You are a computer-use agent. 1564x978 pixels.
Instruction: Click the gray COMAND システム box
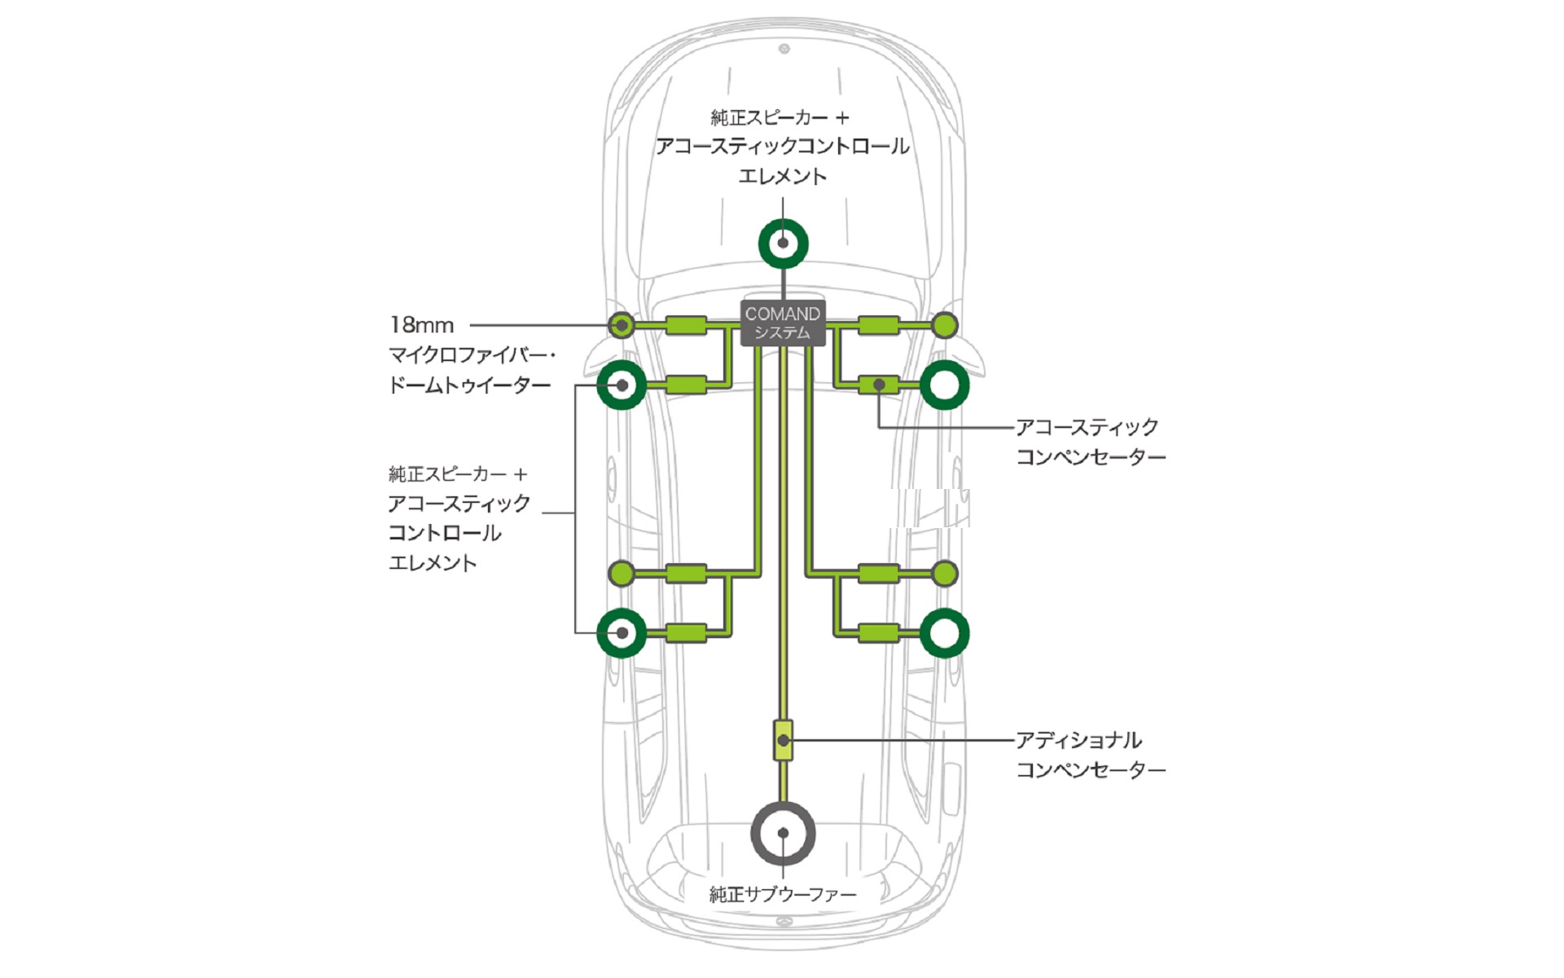(783, 323)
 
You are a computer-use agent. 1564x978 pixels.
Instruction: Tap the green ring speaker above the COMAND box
(783, 243)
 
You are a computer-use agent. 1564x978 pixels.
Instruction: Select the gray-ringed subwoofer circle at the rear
(783, 833)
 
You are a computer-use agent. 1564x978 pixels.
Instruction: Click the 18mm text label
(421, 325)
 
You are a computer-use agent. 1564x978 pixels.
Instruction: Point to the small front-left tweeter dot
(622, 325)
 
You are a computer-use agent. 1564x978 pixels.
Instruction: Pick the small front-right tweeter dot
(944, 326)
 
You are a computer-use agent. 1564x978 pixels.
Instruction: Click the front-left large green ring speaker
(622, 385)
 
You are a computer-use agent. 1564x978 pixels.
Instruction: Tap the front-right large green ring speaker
(944, 385)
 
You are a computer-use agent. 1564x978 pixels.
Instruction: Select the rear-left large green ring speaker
(622, 632)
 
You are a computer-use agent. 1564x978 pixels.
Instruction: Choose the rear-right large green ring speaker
(944, 632)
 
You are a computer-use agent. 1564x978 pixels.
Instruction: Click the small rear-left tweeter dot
(622, 573)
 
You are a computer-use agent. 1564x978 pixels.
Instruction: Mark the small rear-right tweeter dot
(944, 573)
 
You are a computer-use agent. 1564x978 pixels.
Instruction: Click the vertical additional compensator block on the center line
(783, 740)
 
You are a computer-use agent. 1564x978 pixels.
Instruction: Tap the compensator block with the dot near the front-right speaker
(879, 385)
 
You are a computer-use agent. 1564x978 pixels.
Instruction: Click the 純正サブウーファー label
(782, 894)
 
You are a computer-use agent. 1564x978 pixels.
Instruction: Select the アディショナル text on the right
(1078, 740)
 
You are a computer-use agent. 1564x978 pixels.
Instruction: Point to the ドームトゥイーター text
(469, 385)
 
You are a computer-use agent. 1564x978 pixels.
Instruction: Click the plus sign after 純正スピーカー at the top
(842, 118)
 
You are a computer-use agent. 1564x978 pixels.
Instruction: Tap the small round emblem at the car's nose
(784, 49)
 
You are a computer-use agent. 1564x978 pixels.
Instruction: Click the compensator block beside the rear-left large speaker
(686, 632)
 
